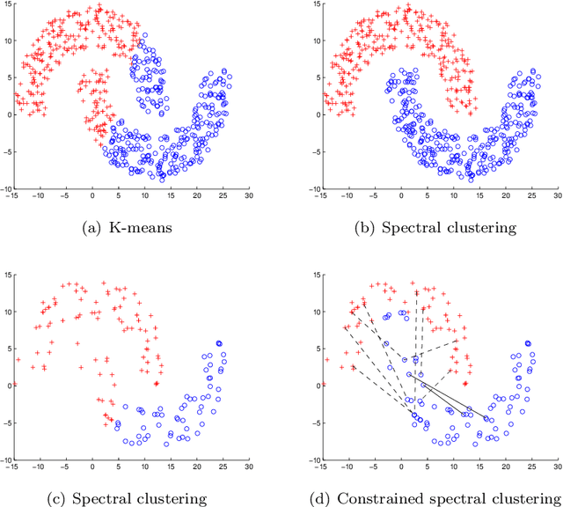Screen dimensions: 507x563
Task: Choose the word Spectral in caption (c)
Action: (x=122, y=499)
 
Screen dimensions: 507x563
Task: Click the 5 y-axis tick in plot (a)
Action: (x=8, y=77)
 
